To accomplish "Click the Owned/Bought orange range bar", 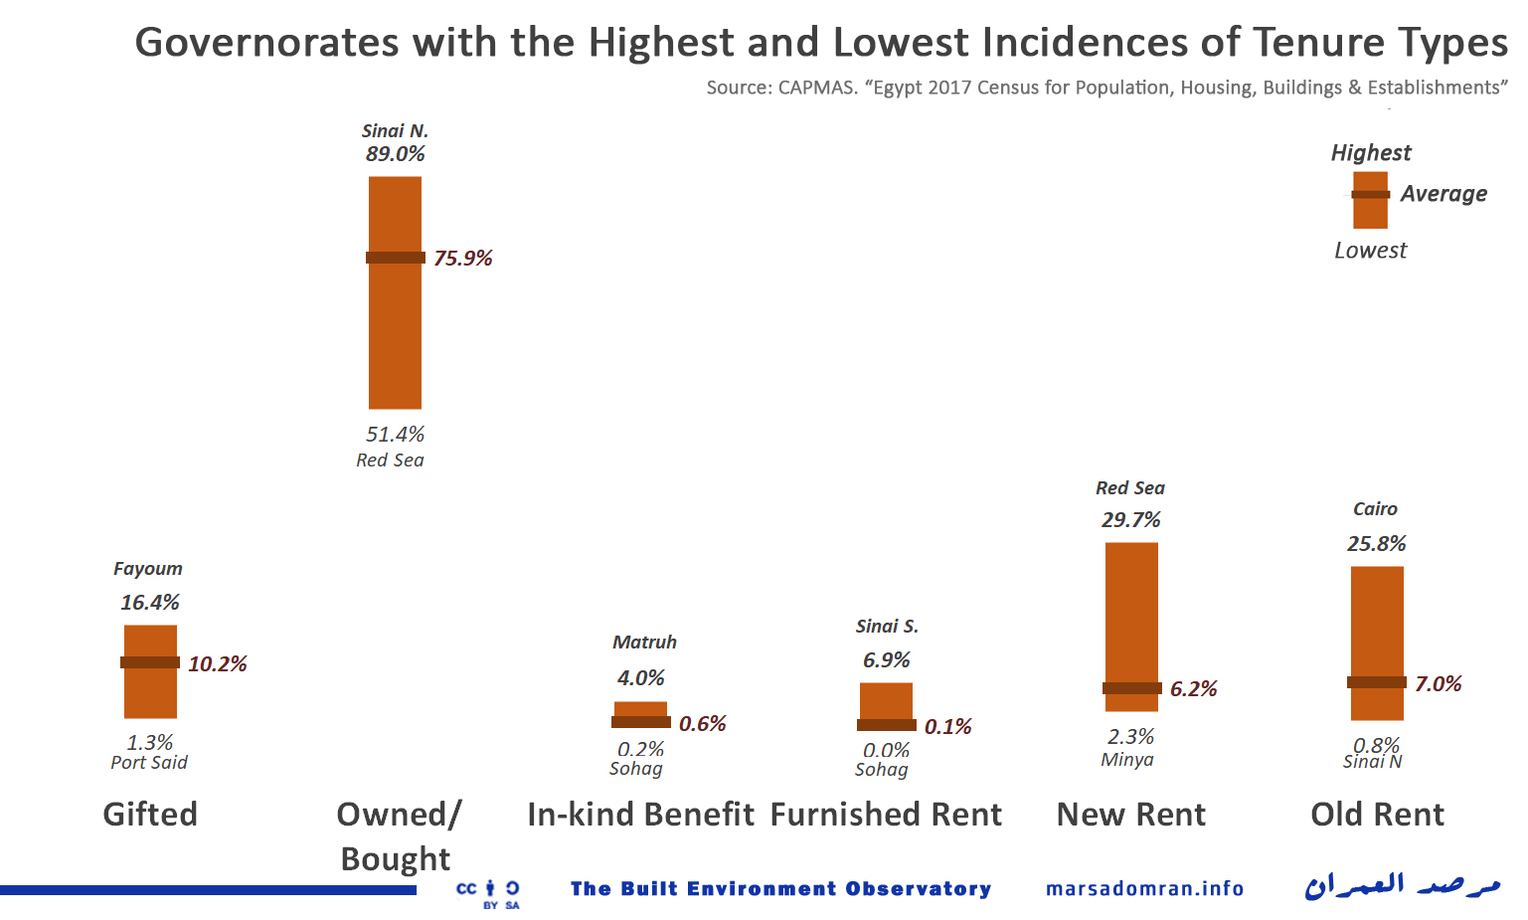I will click(395, 328).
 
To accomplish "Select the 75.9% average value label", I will click(463, 259).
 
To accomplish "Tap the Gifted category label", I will click(150, 815).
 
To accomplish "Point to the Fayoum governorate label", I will click(148, 569).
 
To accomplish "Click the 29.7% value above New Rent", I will click(1130, 520).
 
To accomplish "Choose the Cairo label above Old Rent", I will click(1375, 509).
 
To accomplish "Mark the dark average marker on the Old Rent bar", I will click(1377, 682).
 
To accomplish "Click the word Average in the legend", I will click(1443, 194).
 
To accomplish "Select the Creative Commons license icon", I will click(488, 892).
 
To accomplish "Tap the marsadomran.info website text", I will click(1144, 888).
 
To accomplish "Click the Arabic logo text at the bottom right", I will click(1402, 884).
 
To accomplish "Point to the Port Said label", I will click(149, 763).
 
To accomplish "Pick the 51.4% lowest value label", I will click(395, 435).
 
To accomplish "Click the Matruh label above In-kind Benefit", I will click(644, 643).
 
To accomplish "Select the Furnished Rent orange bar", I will click(886, 701).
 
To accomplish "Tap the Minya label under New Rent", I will click(1127, 760).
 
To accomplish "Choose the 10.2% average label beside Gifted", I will click(218, 664).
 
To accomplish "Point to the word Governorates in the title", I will click(266, 43).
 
